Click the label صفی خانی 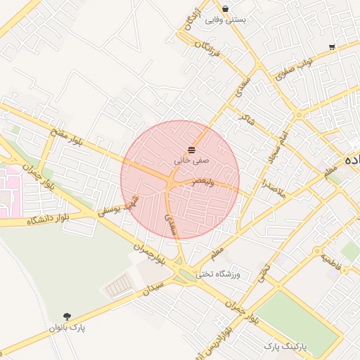[192, 161]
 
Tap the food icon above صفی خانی [192, 150]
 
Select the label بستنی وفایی [226, 20]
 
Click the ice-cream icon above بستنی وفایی [226, 8]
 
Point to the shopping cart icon [331, 47]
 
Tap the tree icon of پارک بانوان [67, 316]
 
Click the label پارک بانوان [67, 328]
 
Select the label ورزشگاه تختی [218, 274]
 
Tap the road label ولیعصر [203, 181]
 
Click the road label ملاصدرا [273, 187]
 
